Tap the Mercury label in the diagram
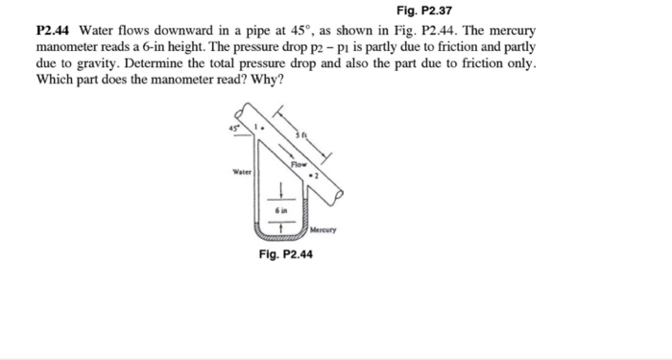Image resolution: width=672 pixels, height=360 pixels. coord(325,230)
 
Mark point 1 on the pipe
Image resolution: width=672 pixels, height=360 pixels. coord(256,128)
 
